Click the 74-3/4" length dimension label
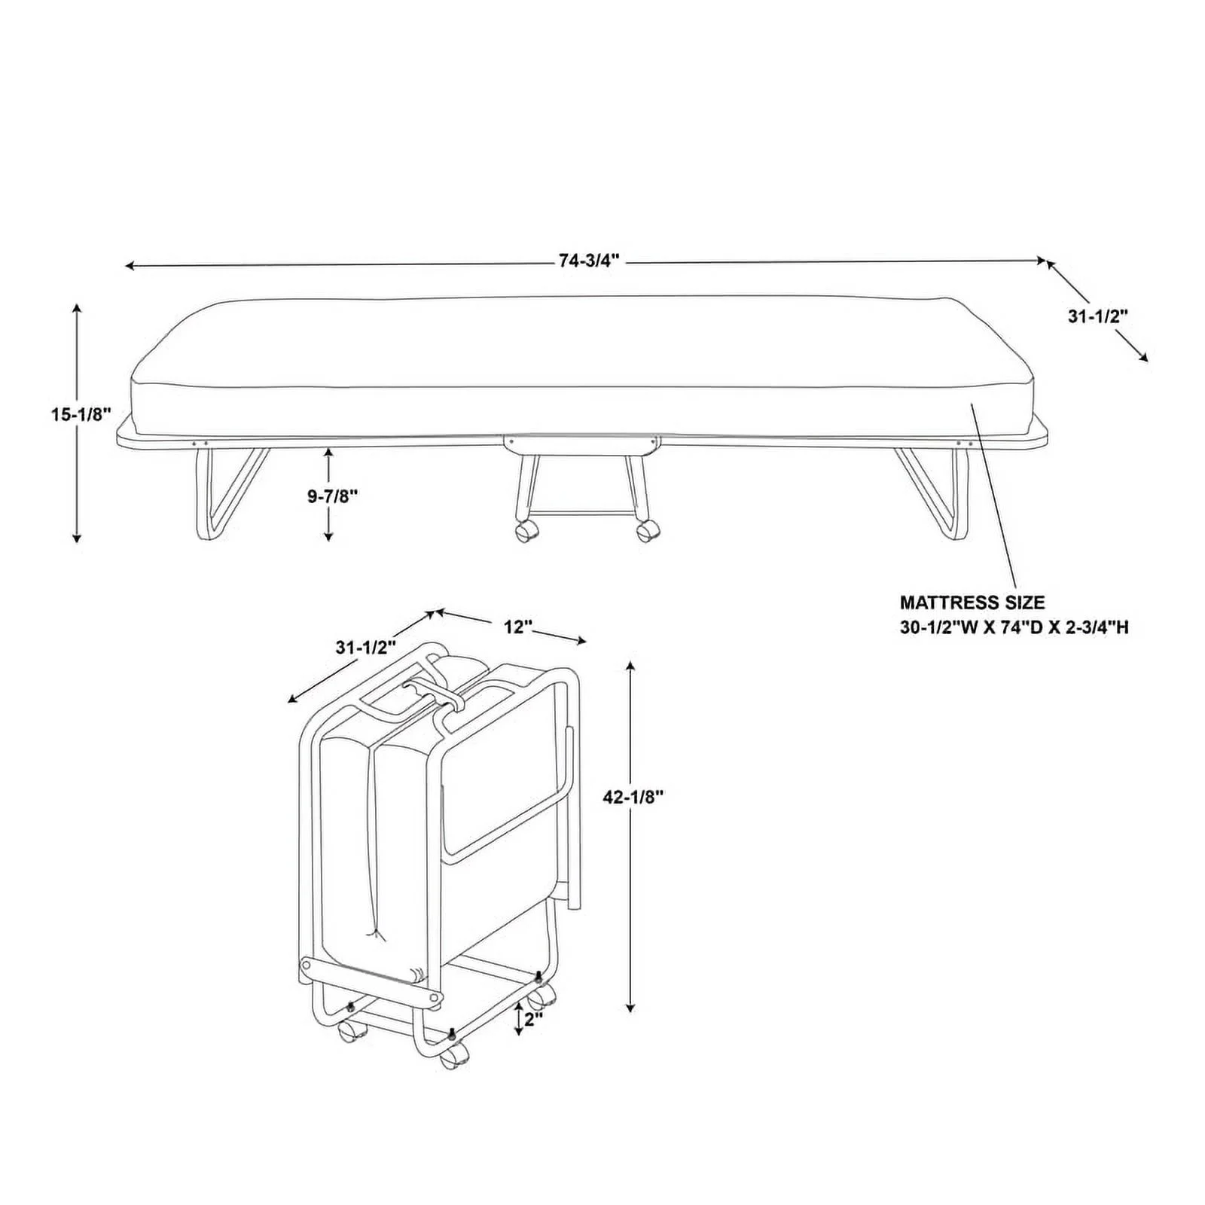(x=588, y=261)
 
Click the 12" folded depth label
(x=518, y=627)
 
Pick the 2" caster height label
(x=534, y=1020)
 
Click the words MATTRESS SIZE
(x=972, y=602)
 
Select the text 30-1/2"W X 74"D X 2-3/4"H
(x=1014, y=627)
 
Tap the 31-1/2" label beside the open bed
(x=1097, y=316)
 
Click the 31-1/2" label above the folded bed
(x=365, y=647)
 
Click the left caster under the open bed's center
(x=527, y=531)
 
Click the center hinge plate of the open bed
(x=582, y=444)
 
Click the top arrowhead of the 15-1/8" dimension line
(x=77, y=307)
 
